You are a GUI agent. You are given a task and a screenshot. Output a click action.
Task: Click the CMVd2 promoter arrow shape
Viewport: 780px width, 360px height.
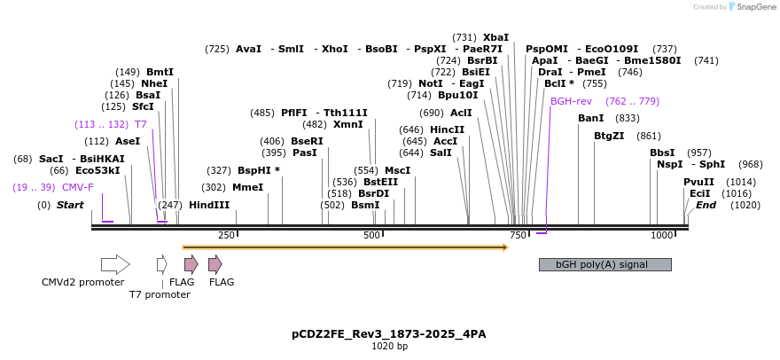click(x=115, y=263)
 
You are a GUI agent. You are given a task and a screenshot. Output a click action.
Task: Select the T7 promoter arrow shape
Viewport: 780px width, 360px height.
click(x=161, y=263)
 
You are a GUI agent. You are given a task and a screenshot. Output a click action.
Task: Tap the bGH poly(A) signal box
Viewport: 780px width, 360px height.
click(x=604, y=264)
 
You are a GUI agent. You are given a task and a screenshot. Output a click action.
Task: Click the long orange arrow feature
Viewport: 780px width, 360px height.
click(x=344, y=247)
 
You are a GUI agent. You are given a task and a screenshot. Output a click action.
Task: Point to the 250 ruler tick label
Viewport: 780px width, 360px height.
click(x=226, y=235)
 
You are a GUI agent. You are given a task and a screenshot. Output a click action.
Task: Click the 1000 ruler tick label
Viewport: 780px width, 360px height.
click(x=661, y=235)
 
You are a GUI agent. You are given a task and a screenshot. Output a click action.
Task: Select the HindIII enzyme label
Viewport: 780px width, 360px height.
click(x=209, y=205)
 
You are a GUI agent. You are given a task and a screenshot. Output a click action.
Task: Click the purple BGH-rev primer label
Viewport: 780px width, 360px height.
click(x=571, y=101)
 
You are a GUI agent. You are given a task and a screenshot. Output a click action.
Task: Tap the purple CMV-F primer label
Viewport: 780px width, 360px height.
click(x=77, y=187)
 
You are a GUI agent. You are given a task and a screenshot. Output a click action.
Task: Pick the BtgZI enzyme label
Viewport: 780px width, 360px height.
click(x=609, y=136)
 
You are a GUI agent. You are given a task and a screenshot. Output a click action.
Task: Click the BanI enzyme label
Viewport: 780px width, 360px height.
click(x=590, y=118)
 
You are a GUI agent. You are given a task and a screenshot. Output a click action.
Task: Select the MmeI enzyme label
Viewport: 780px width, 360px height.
click(x=247, y=187)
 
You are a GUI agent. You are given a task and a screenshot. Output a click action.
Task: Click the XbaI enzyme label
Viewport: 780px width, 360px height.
click(x=521, y=37)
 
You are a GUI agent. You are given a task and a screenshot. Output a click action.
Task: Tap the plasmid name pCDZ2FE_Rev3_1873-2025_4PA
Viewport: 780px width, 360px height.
click(x=389, y=334)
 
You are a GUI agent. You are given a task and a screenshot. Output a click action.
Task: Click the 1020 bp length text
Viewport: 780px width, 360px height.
click(x=389, y=347)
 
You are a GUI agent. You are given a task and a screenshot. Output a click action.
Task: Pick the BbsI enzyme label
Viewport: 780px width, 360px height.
click(x=662, y=153)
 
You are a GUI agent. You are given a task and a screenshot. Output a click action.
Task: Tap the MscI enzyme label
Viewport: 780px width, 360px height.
click(x=397, y=169)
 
